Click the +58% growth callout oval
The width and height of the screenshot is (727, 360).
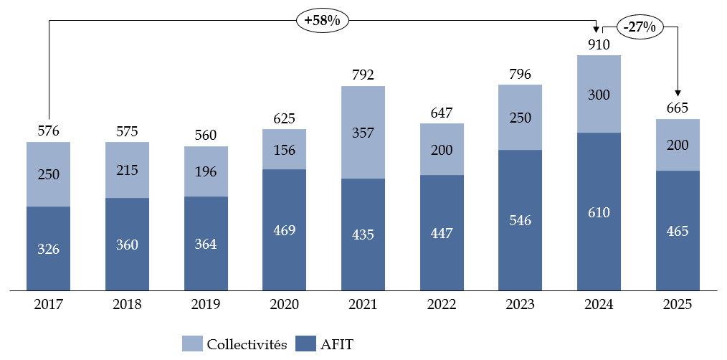(x=322, y=21)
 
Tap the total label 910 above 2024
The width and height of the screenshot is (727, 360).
(x=599, y=45)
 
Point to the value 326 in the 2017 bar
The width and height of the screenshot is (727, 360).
(x=48, y=250)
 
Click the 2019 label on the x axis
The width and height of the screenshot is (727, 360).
(x=206, y=305)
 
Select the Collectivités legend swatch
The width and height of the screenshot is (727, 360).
(x=191, y=344)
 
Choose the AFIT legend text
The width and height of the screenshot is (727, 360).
(x=336, y=345)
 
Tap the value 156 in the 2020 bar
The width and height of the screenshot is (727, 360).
(x=284, y=150)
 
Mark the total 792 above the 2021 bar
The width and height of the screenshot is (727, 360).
(x=363, y=75)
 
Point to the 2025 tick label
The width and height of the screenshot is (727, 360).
(x=678, y=305)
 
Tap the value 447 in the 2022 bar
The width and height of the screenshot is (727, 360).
(x=442, y=234)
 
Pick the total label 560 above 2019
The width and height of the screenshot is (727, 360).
(x=206, y=136)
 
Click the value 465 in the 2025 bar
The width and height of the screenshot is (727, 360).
(x=678, y=231)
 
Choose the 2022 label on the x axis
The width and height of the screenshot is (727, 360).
(x=442, y=305)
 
